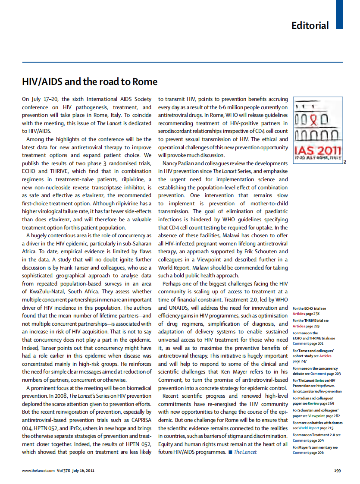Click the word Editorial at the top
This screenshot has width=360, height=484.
pyautogui.click(x=310, y=25)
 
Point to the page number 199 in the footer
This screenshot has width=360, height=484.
pyautogui.click(x=338, y=470)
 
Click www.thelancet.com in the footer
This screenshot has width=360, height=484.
pyautogui.click(x=38, y=470)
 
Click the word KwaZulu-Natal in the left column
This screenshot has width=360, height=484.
pyautogui.click(x=49, y=292)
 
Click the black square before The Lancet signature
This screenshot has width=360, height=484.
pyautogui.click(x=230, y=452)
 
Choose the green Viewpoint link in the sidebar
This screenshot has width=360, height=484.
pyautogui.click(x=317, y=415)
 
